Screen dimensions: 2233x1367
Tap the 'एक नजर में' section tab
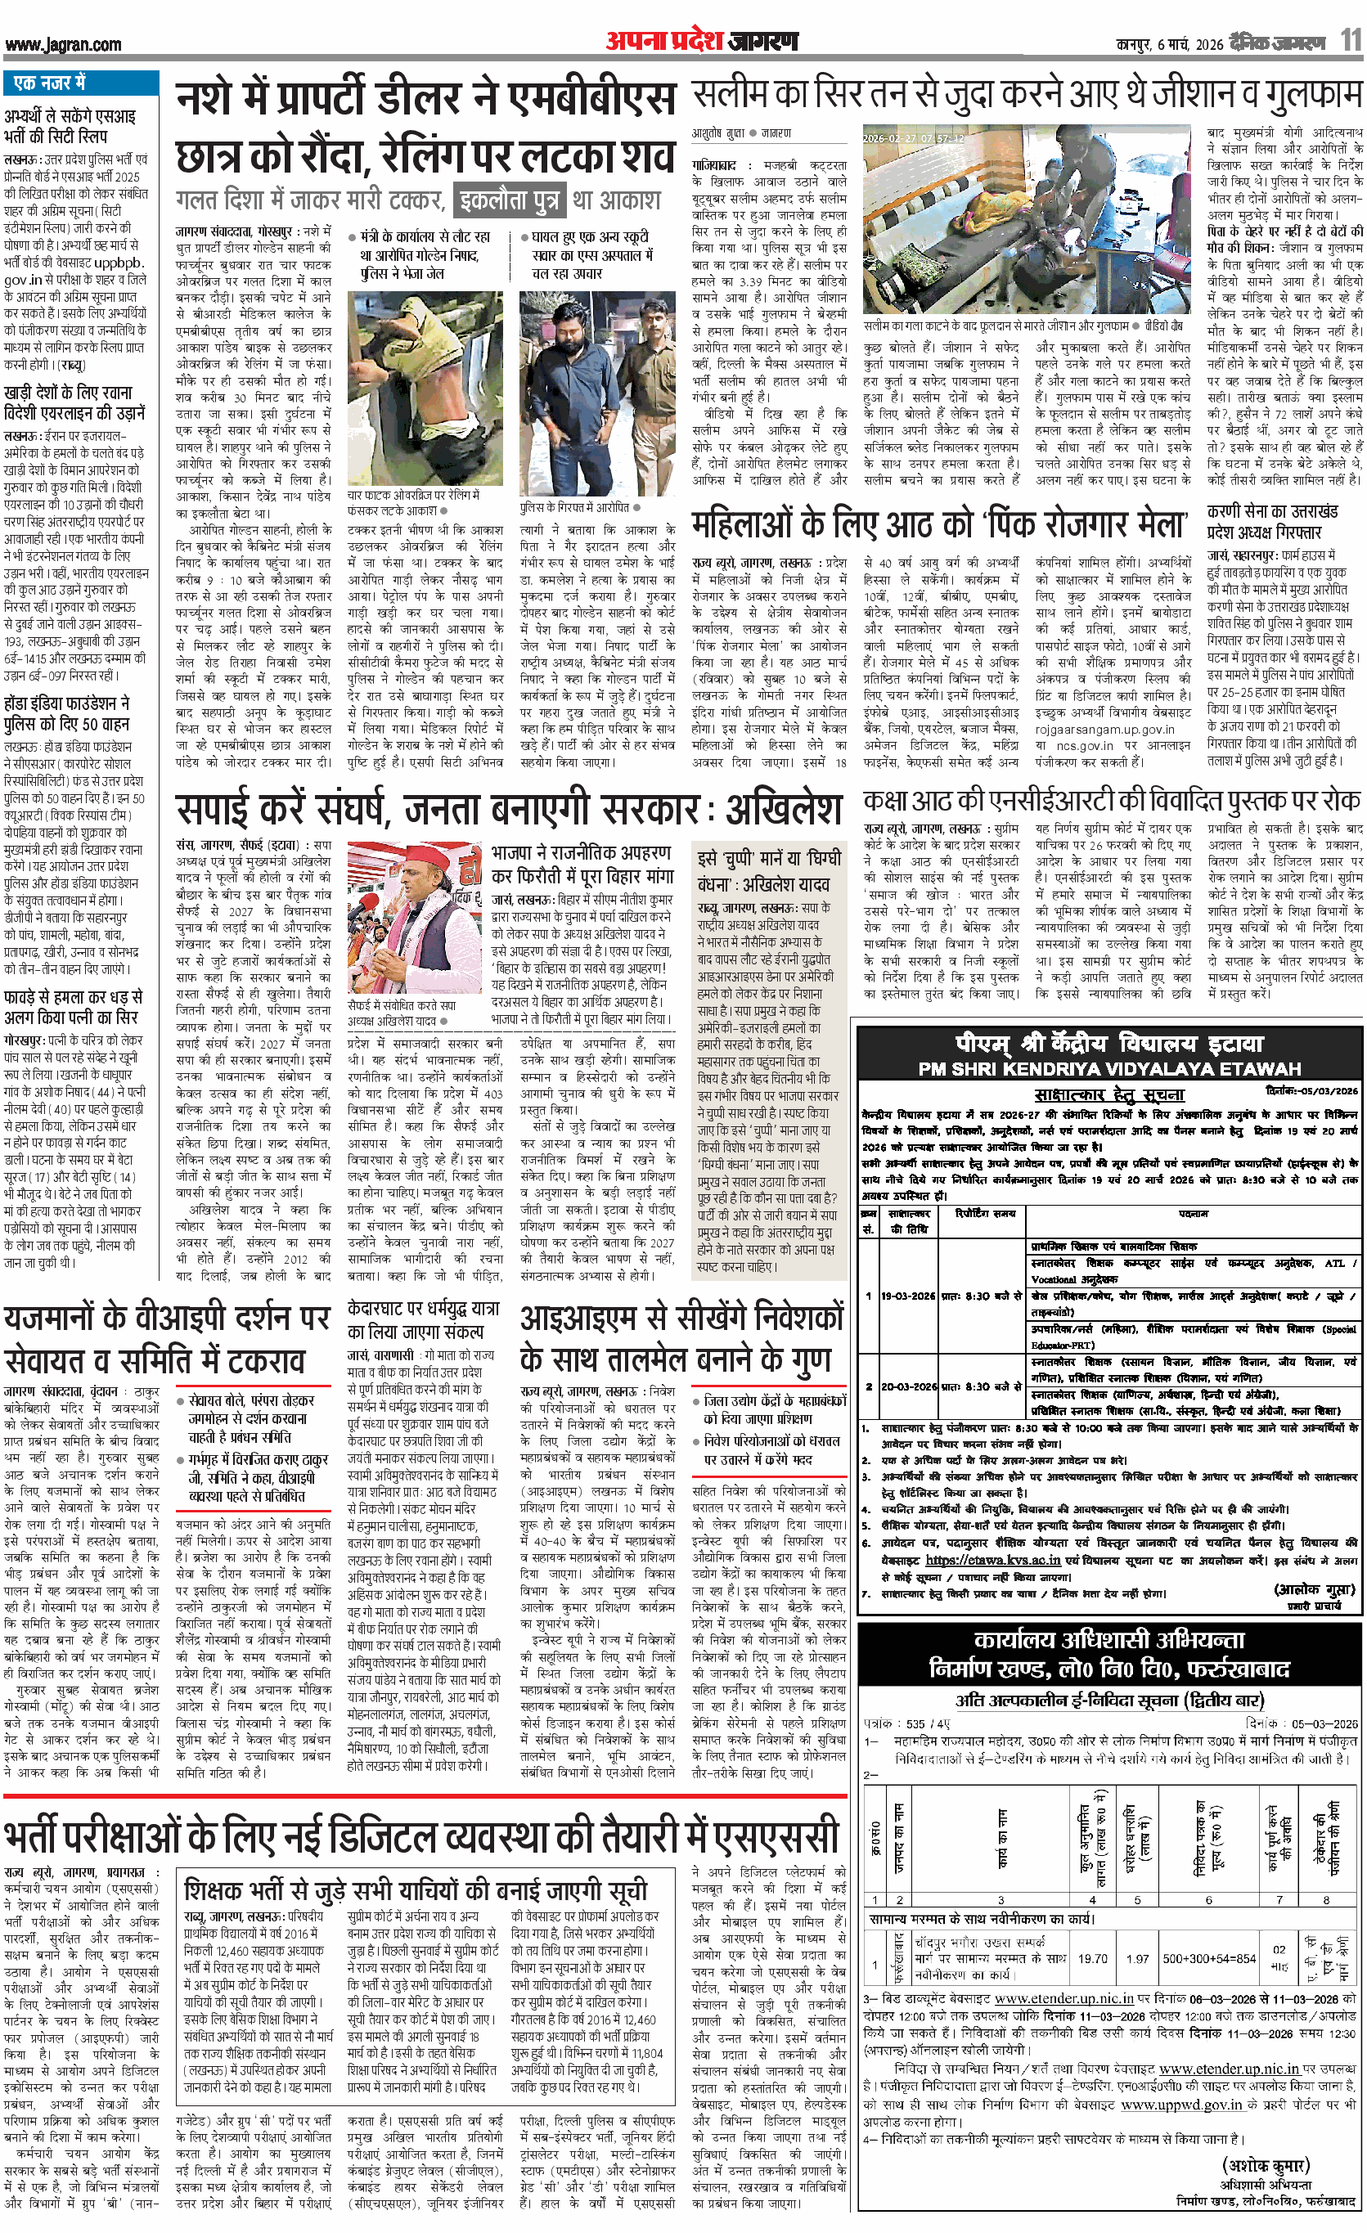[x=50, y=83]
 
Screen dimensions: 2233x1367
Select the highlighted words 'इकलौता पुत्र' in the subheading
[x=508, y=200]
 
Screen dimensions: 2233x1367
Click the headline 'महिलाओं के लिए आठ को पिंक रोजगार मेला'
[x=939, y=526]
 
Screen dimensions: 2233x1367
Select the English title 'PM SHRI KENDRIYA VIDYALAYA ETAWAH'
[x=1109, y=1068]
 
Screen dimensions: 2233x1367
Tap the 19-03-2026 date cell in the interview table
[x=908, y=1296]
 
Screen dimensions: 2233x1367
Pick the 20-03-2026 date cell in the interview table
[x=908, y=1386]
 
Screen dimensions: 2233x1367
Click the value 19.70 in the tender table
[x=1092, y=1958]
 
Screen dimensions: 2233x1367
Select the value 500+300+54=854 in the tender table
[x=1208, y=1958]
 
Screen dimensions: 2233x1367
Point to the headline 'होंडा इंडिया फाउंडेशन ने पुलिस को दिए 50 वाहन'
[x=67, y=713]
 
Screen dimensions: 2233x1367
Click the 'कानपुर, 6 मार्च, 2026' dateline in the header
[x=1168, y=44]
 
